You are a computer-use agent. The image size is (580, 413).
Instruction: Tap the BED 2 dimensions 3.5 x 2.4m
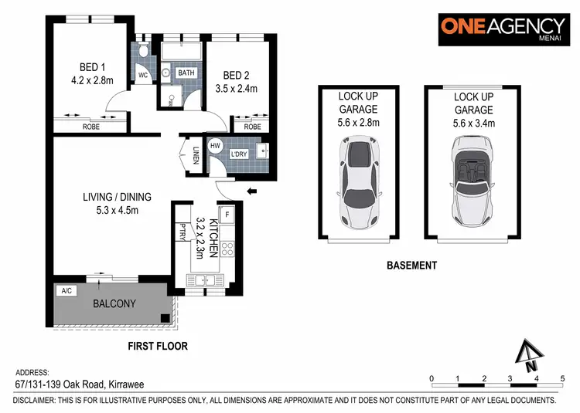pos(240,89)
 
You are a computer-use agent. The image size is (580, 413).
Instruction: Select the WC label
pos(143,75)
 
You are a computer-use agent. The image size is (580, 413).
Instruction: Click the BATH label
pos(186,73)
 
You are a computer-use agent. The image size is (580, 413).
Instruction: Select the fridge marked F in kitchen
pos(228,213)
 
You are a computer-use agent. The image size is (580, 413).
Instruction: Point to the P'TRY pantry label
pos(182,232)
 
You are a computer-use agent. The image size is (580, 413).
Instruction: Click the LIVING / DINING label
pos(117,197)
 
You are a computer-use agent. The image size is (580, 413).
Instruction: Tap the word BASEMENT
pos(411,265)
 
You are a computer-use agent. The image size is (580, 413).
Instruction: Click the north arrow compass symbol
pos(529,356)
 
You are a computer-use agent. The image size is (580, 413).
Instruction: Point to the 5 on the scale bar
pos(562,377)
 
